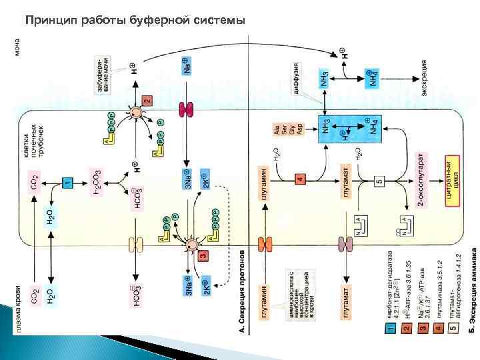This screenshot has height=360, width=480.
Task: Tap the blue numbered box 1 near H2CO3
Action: (67, 183)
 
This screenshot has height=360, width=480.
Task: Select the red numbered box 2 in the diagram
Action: (147, 101)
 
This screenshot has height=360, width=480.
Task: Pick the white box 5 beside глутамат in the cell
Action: (379, 180)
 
